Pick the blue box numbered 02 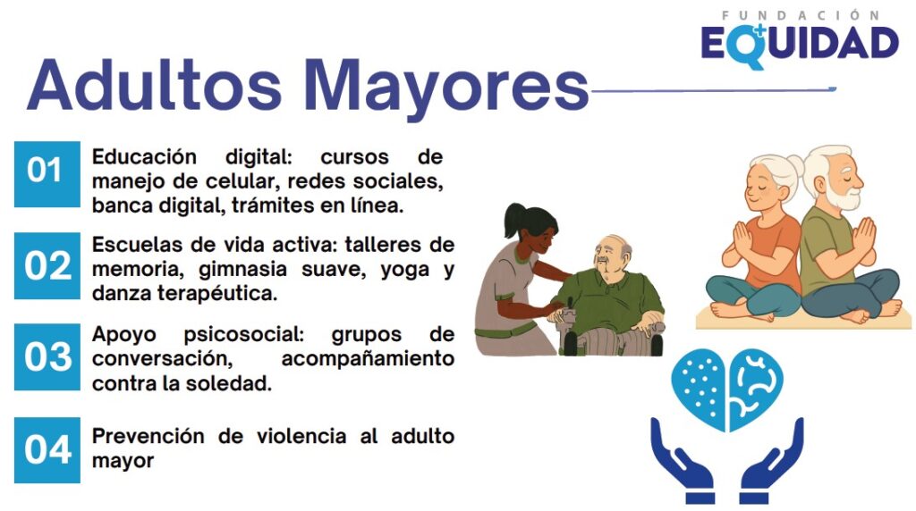pos(47,266)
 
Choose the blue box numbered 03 pos(47,357)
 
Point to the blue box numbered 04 pos(47,449)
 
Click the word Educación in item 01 pos(144,157)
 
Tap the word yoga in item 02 pos(407,271)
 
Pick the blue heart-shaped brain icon pos(726,382)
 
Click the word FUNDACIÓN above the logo pos(801,15)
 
